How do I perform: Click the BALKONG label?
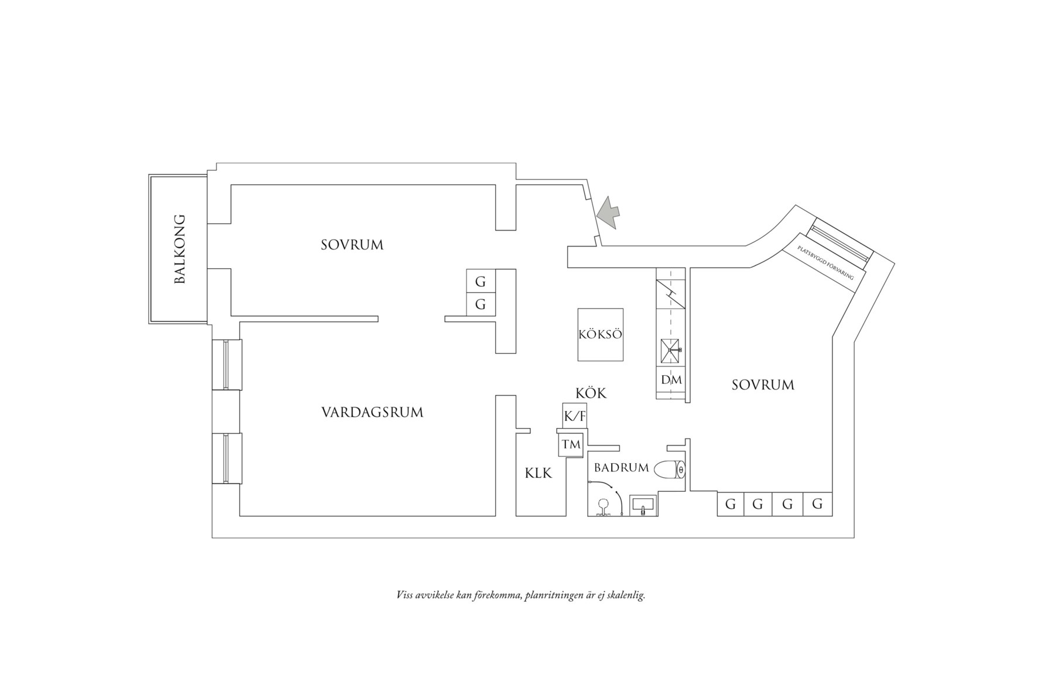180,249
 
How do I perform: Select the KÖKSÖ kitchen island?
600,335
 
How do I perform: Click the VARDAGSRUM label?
372,412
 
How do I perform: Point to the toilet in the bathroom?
670,470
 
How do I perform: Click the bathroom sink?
643,505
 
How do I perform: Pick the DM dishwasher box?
671,380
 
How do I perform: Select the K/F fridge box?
574,416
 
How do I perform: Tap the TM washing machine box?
571,444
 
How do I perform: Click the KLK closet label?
538,473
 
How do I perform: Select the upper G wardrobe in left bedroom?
481,282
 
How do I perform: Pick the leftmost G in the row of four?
731,504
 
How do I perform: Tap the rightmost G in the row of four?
817,504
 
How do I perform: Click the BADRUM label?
621,468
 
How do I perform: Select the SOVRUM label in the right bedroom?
763,385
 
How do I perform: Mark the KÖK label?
591,393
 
